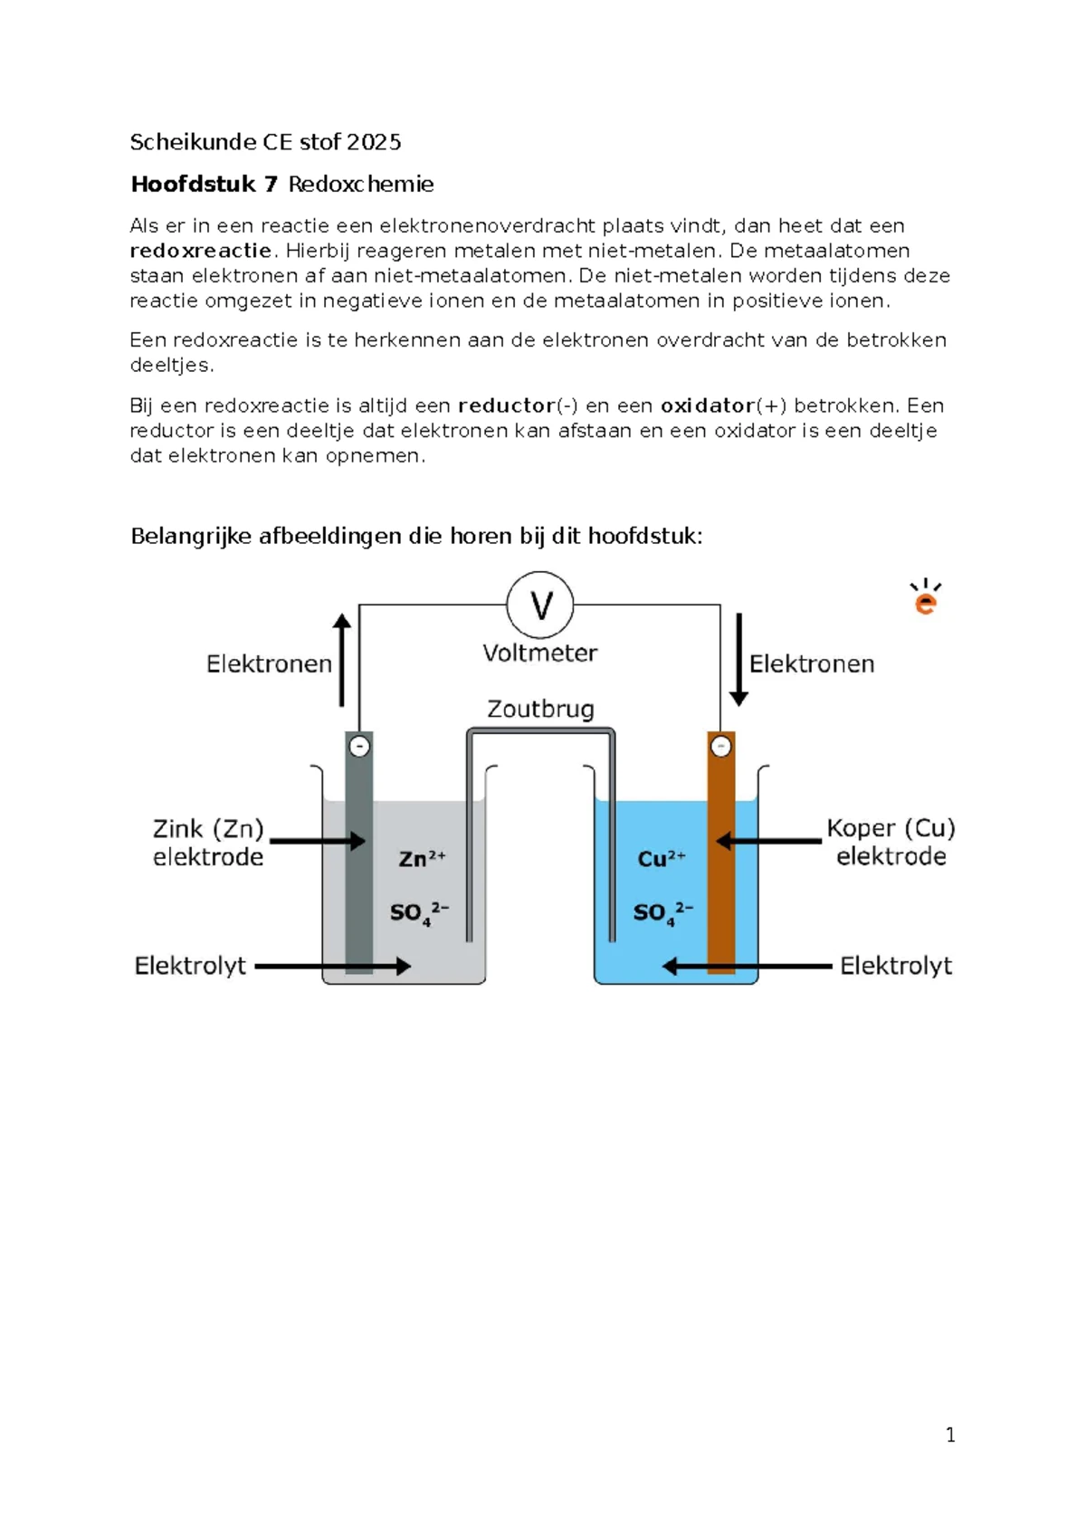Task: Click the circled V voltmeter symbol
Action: point(540,605)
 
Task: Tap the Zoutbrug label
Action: point(540,709)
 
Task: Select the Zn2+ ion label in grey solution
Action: point(422,858)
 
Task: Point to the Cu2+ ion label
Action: point(662,858)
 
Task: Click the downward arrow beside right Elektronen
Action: point(738,659)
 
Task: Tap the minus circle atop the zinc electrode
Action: point(359,748)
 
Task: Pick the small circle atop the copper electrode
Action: point(720,748)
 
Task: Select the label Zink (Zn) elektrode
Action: point(208,843)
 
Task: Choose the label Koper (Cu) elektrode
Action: point(891,842)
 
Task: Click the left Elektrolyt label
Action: point(190,966)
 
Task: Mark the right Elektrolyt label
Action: point(895,966)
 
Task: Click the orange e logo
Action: point(925,598)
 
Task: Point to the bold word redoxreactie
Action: point(200,251)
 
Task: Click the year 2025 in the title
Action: point(374,142)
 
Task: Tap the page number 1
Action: point(950,1435)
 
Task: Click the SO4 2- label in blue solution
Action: point(662,912)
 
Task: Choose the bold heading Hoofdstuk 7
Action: point(205,185)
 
